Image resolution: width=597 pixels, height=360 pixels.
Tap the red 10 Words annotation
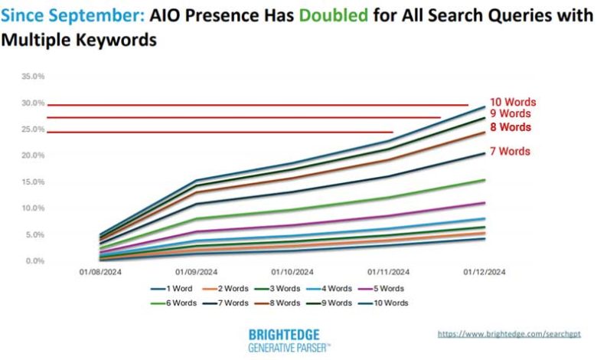point(513,101)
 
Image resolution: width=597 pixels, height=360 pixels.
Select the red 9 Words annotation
point(510,113)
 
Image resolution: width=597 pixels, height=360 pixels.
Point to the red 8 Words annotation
point(510,126)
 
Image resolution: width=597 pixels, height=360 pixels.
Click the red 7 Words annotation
point(510,151)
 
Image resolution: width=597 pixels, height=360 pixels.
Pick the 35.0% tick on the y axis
point(33,77)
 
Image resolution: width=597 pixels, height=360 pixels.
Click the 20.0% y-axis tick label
point(33,155)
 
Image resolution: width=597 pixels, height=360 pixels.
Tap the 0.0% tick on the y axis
point(35,261)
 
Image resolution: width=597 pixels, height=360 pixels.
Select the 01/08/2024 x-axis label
point(99,271)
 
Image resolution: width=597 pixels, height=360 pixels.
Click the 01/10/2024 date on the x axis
point(292,271)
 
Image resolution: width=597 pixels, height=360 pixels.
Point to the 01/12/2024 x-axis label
point(484,271)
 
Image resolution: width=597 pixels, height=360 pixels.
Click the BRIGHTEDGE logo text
point(284,335)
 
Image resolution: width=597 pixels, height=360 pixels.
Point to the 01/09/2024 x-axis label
point(196,271)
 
